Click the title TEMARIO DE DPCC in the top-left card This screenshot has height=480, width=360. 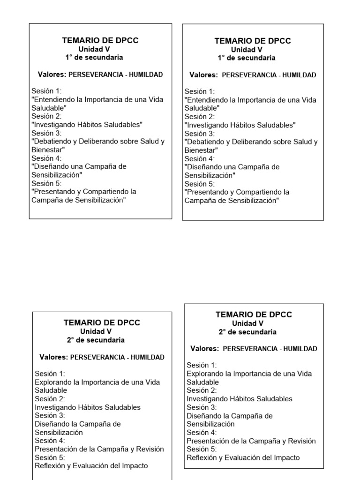[x=100, y=41]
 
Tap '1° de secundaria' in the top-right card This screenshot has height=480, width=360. [x=247, y=58]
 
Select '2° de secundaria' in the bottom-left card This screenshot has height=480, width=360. [x=96, y=340]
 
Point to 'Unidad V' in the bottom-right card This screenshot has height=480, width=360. [x=247, y=323]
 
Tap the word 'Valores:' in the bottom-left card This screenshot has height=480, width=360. [x=53, y=357]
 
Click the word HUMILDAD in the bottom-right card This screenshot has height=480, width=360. [x=300, y=349]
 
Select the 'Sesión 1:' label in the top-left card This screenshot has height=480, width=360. [x=46, y=91]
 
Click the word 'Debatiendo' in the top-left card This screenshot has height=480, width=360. [x=51, y=142]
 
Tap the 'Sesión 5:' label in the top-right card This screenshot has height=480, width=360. [x=200, y=184]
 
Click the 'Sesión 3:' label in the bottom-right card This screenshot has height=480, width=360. [x=202, y=407]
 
